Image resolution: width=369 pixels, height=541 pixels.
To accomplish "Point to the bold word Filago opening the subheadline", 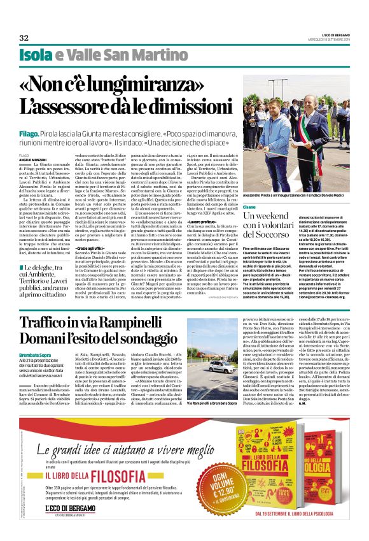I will pyautogui.click(x=29, y=135).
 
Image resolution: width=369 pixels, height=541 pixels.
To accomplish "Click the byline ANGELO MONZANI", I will pyautogui.click(x=30, y=159).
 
